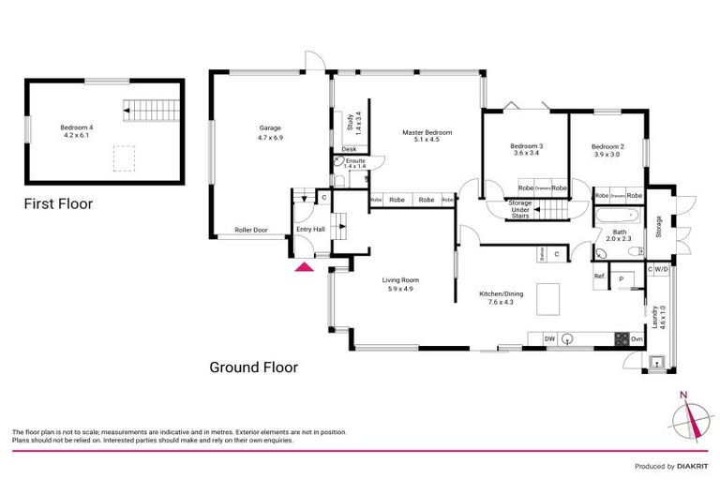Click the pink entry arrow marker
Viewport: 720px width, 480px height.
coord(304,267)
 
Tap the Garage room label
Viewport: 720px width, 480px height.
coord(271,133)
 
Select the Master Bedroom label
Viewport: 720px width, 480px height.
coord(427,138)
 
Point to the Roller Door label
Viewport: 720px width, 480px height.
coord(250,229)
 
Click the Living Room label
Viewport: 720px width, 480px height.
coord(399,284)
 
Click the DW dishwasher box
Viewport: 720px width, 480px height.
coord(550,338)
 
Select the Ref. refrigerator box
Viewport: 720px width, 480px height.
coord(600,277)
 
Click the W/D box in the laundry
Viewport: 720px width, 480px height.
coord(662,269)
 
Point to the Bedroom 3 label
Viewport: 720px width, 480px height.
coord(527,150)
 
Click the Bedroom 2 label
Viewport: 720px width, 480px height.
coord(607,150)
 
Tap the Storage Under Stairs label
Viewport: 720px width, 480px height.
coord(520,210)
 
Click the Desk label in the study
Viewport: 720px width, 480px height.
coord(349,149)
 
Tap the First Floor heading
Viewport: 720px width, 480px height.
coord(58,203)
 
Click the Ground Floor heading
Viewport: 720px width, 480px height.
coord(253,367)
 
